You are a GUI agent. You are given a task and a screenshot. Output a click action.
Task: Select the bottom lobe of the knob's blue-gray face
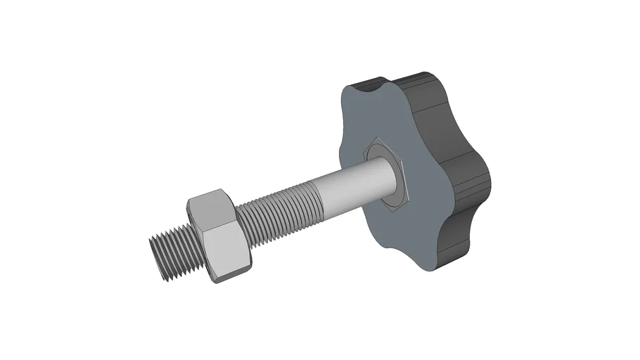(422, 253)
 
